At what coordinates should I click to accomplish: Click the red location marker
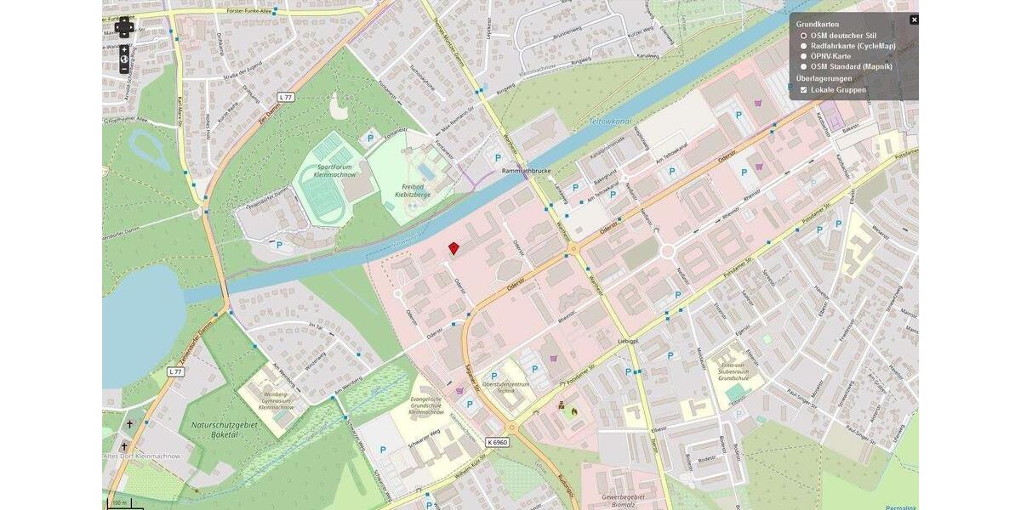click(x=453, y=247)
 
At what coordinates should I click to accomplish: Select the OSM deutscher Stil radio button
click(x=803, y=36)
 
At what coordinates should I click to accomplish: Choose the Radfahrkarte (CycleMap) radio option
click(x=803, y=46)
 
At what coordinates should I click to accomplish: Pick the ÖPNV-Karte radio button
click(x=803, y=56)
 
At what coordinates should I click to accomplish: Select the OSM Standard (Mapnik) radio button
click(x=803, y=66)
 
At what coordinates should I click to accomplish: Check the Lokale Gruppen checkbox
click(x=803, y=89)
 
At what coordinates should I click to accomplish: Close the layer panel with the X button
click(x=914, y=20)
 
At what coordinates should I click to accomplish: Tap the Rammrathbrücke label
click(x=526, y=170)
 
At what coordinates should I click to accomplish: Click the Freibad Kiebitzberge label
click(x=413, y=190)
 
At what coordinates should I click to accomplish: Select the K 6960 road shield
click(x=498, y=442)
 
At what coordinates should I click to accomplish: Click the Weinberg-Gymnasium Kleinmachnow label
click(x=277, y=400)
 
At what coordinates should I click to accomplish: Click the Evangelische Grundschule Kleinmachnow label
click(x=425, y=405)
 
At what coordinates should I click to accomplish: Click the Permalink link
click(x=900, y=507)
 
